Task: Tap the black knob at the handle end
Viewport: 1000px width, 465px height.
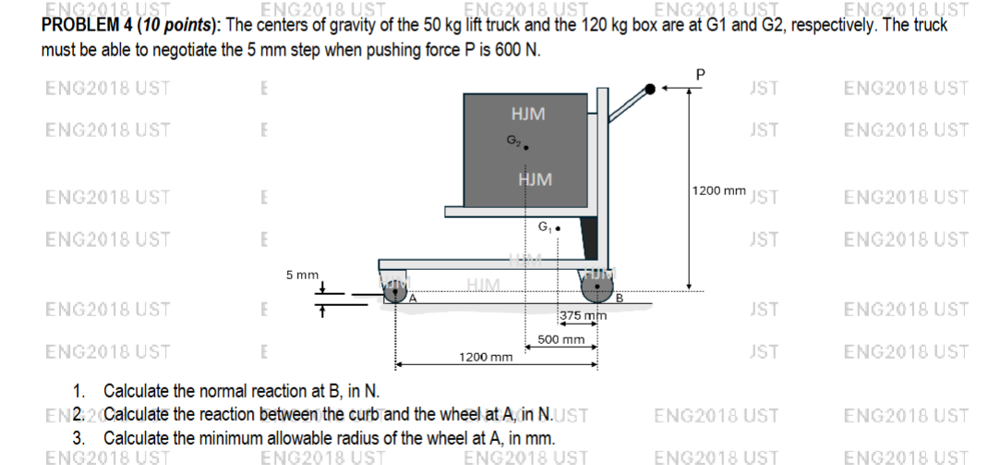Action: [x=653, y=89]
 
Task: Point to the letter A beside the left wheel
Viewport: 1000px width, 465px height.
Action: [x=414, y=298]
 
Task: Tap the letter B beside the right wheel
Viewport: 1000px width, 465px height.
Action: [x=620, y=298]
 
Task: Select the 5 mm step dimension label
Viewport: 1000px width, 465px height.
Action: [x=301, y=275]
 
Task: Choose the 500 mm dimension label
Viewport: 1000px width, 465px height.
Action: [x=560, y=339]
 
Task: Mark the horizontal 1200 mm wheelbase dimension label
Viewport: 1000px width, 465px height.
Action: [x=485, y=356]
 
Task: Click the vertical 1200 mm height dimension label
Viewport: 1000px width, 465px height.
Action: [x=717, y=190]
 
